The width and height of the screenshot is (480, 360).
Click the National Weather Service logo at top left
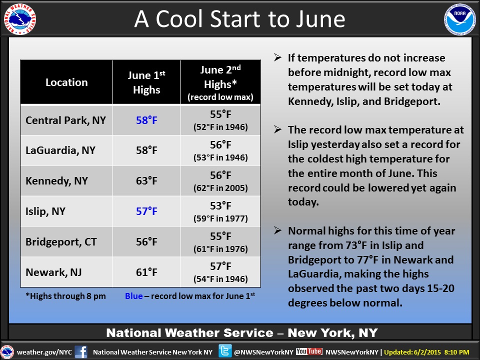point(20,19)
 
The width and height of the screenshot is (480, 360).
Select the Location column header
point(66,82)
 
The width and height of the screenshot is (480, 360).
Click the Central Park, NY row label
point(65,120)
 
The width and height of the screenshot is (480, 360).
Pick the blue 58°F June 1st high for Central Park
point(146,120)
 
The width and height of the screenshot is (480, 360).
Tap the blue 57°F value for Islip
point(146,211)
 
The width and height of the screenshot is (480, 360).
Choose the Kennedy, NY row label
point(56,181)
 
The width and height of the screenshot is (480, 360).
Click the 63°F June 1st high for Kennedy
point(146,181)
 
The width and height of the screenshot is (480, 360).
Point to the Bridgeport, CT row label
point(61,242)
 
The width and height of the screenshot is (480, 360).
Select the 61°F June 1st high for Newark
point(146,272)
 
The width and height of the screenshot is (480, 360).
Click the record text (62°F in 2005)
point(220,188)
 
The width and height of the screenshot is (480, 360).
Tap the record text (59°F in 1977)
point(220,218)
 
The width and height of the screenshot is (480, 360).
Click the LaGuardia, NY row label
point(60,150)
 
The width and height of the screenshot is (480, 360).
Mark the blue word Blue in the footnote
point(134,296)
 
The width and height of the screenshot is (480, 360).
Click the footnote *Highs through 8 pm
point(65,296)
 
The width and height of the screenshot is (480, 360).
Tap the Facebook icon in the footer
point(81,352)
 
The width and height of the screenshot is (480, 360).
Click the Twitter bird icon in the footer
point(225,351)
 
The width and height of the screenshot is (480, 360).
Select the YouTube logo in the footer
point(309,351)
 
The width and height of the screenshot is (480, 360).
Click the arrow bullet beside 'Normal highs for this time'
point(277,230)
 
